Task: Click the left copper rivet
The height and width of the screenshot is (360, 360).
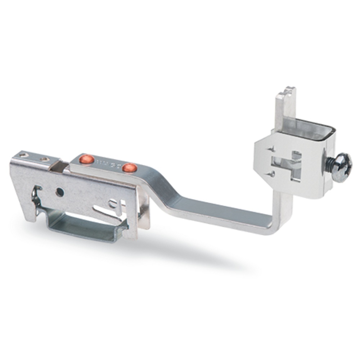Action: [x=87, y=159]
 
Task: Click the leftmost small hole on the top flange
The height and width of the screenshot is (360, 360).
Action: [x=24, y=155]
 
